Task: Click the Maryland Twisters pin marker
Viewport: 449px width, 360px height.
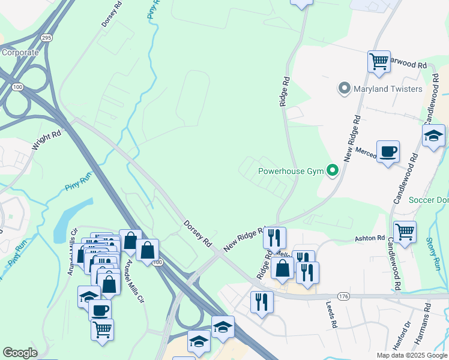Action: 344,89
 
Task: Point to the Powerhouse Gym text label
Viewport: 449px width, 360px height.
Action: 291,171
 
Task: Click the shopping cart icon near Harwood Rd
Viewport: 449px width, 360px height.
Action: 379,61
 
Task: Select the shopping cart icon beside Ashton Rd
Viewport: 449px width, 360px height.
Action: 405,231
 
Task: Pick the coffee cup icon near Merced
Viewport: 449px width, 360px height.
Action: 388,151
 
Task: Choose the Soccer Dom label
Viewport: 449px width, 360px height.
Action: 428,199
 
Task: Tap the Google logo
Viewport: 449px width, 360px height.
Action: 19,353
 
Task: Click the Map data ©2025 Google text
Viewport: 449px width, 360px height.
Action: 411,355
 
